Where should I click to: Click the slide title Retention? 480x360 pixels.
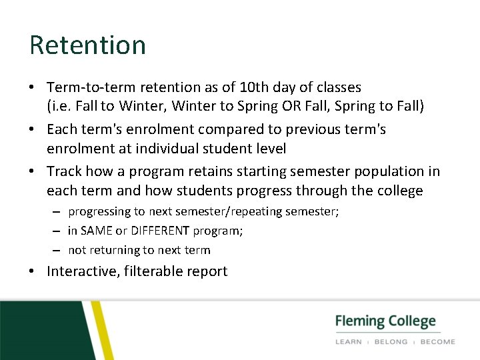point(87,45)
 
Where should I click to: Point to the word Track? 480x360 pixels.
point(64,171)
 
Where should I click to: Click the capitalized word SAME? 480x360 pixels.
point(98,231)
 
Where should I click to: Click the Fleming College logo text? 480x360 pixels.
point(385,321)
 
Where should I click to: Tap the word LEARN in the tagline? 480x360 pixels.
point(349,341)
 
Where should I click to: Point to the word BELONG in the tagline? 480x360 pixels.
point(391,341)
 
